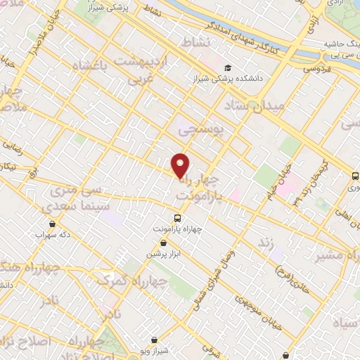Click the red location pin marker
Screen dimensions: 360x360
pyautogui.click(x=181, y=165)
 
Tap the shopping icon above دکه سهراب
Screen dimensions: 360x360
pyautogui.click(x=53, y=224)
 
